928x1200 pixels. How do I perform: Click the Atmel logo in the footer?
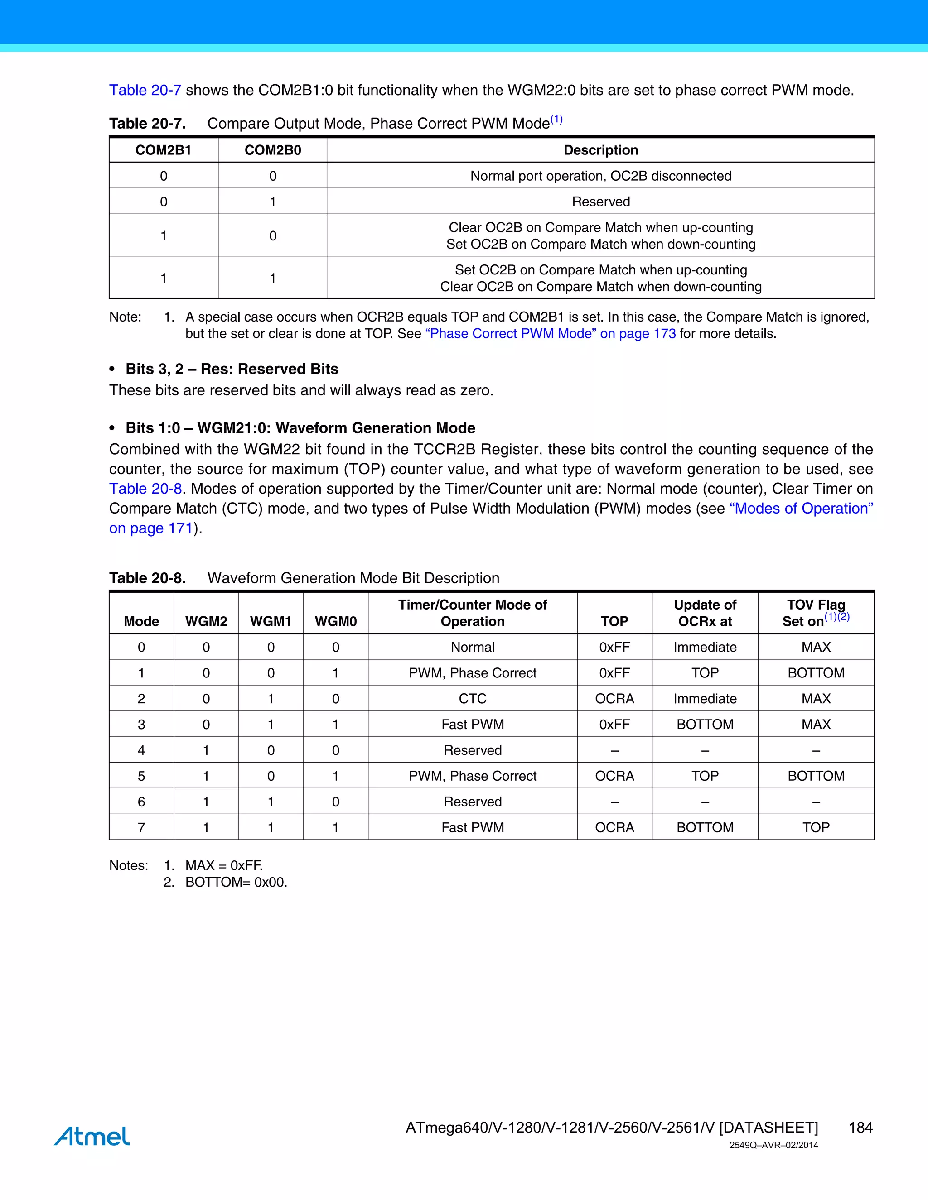click(x=92, y=1136)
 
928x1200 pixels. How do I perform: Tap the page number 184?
click(x=860, y=1128)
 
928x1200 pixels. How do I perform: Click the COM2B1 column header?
click(x=163, y=150)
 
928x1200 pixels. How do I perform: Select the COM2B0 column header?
click(x=273, y=150)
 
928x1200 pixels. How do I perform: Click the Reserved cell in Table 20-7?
click(x=600, y=202)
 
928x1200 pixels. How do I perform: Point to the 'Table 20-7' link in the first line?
click(x=145, y=90)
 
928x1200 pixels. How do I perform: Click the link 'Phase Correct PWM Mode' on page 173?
click(x=550, y=334)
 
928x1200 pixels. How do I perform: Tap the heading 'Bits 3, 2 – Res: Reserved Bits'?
click(x=232, y=369)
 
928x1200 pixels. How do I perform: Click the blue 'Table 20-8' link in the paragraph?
click(x=145, y=489)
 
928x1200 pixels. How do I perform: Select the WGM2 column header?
click(x=206, y=621)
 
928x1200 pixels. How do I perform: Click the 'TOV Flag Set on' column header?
click(x=816, y=613)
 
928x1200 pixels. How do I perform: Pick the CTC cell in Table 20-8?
click(x=472, y=698)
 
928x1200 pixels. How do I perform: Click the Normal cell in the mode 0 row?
click(x=472, y=647)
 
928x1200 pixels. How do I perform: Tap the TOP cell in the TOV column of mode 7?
click(x=816, y=827)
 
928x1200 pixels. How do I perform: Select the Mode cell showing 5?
click(x=141, y=776)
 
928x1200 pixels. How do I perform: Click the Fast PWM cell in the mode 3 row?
click(x=472, y=724)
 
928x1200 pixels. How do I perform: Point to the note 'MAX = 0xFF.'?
click(x=224, y=865)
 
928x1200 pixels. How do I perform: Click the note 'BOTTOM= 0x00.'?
click(x=236, y=883)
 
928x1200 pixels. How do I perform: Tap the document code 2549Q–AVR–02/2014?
click(x=773, y=1145)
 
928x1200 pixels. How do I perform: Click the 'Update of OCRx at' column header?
click(x=705, y=613)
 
